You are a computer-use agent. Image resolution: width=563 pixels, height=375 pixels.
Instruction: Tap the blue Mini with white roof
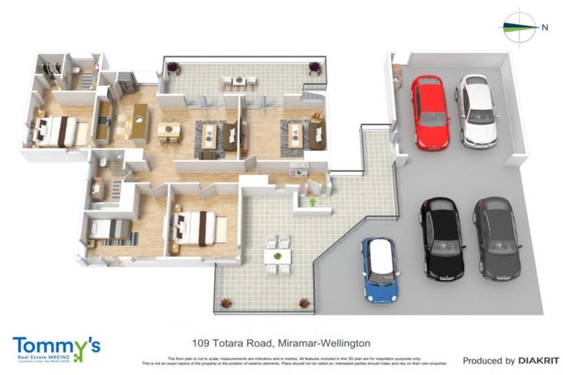pos(380,270)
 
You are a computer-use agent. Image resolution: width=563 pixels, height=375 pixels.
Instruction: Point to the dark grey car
pos(496,238)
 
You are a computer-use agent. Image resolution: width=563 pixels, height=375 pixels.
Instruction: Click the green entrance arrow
pos(312,201)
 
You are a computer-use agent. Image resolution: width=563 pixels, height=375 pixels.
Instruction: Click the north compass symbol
pos(520,28)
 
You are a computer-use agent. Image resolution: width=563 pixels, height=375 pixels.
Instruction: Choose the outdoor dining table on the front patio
pos(278,255)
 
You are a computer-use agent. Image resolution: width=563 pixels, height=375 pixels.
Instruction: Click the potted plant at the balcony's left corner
pos(174,68)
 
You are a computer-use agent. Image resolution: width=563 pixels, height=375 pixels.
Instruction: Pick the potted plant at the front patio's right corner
pos(303,302)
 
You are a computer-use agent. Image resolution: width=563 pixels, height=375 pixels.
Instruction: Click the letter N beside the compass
pos(545,28)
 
